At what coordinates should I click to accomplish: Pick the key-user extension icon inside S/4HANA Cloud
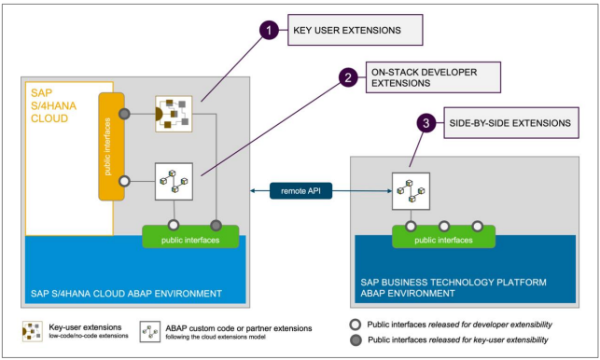tap(173, 114)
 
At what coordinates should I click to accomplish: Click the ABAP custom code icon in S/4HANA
tap(173, 181)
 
